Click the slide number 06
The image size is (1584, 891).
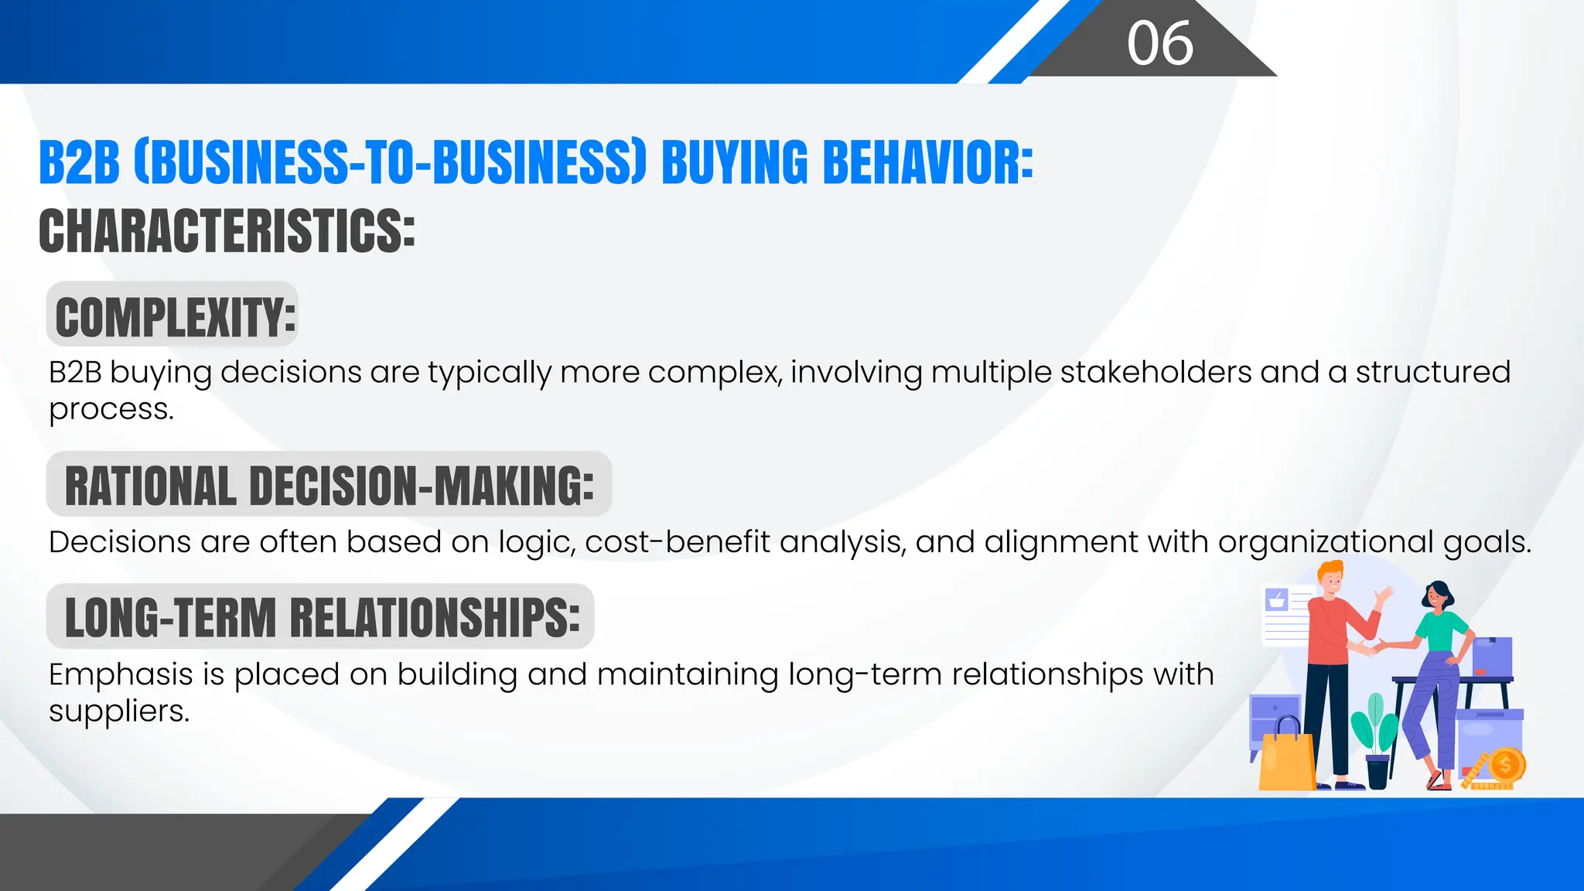pos(1159,43)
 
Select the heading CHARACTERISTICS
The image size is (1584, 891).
pos(227,230)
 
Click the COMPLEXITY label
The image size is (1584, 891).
pos(175,317)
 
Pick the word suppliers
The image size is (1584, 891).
pos(118,711)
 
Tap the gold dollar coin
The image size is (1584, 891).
pos(1505,766)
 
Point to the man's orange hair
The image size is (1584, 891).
pos(1330,573)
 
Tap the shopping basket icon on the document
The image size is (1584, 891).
pos(1276,599)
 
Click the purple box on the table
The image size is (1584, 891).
pos(1492,656)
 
